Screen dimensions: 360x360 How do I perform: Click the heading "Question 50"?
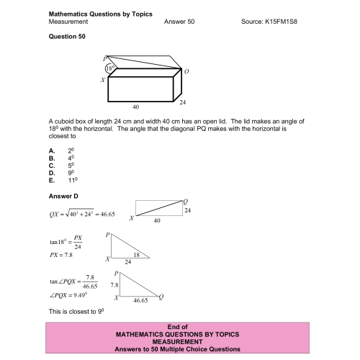(x=66, y=36)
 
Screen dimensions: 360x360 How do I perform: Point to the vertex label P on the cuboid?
(x=104, y=58)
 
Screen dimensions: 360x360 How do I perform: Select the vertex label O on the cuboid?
(x=186, y=72)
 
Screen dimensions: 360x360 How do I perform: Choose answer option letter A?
(x=51, y=149)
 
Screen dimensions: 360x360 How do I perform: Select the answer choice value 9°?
(x=71, y=173)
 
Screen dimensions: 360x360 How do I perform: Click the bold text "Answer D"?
(x=63, y=196)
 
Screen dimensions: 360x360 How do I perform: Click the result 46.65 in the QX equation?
(x=107, y=214)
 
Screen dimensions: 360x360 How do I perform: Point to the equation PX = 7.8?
(x=61, y=254)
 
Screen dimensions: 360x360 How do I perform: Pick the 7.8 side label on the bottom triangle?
(x=113, y=285)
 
